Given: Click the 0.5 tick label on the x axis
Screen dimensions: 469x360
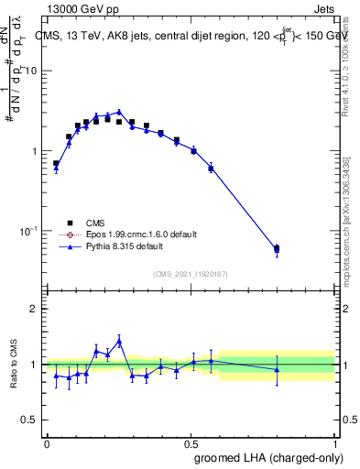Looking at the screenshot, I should [x=191, y=442].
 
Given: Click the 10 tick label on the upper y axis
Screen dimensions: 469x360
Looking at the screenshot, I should [x=30, y=71].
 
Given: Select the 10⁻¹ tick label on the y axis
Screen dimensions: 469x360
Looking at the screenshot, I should [x=27, y=231].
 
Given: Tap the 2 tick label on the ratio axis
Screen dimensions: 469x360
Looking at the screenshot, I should [x=33, y=309].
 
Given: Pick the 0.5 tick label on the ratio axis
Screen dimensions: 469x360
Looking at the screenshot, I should [x=29, y=420].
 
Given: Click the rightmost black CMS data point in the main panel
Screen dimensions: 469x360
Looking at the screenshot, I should [x=277, y=248].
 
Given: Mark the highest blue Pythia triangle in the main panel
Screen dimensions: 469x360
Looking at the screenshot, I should [x=119, y=112].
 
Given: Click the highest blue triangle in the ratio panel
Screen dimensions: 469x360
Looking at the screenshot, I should [x=119, y=341].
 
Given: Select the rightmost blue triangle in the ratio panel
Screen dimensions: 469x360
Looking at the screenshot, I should [x=277, y=369].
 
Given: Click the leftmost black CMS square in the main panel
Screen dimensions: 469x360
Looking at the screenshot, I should [x=56, y=163].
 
